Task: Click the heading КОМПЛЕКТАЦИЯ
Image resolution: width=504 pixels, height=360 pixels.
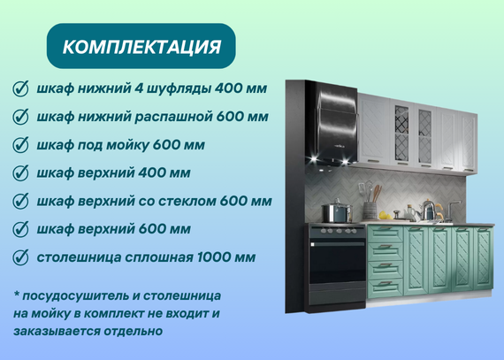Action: (x=141, y=47)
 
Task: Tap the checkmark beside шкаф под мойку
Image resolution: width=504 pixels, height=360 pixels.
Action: (x=20, y=145)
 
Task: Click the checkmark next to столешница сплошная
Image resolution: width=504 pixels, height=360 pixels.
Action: (x=20, y=257)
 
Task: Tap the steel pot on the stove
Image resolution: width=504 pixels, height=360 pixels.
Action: (x=337, y=211)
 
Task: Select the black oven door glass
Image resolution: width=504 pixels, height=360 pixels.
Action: (x=337, y=264)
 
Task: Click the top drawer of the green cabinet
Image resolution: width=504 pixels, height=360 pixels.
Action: (x=385, y=234)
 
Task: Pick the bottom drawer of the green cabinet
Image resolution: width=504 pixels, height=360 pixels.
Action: (x=385, y=287)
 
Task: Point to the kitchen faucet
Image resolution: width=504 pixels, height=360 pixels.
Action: (x=452, y=211)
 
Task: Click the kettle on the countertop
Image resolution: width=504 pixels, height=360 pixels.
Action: (x=430, y=211)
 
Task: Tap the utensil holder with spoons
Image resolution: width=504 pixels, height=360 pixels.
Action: (x=370, y=201)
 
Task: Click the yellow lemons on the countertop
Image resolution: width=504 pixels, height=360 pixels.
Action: (x=386, y=216)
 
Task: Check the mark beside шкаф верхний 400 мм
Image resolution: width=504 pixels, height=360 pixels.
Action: (x=20, y=173)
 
